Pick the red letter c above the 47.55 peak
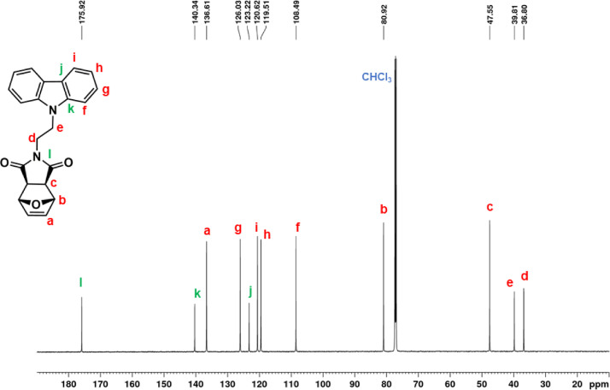coord(490,207)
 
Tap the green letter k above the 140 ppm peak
coord(196,293)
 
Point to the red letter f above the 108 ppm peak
coord(297,227)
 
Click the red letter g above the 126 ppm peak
coord(238,228)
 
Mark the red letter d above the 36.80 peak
coord(525,276)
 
